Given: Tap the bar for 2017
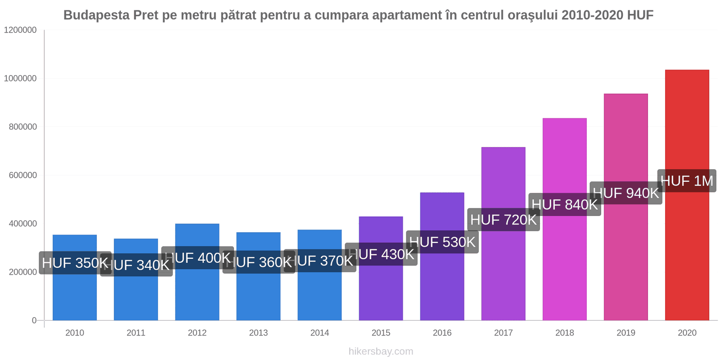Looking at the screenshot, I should (x=503, y=270).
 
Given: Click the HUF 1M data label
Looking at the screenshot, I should (x=687, y=181).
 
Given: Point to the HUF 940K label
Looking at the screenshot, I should (x=626, y=193).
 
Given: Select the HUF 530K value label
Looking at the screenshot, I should (x=442, y=242).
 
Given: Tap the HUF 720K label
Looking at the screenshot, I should (x=504, y=220).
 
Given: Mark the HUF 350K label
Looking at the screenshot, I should (x=75, y=263).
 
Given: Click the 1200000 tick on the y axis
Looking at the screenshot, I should (x=20, y=30).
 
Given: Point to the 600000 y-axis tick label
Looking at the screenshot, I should (x=23, y=175).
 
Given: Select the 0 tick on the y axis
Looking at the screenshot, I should (x=34, y=320).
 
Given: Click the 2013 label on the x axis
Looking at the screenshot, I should (x=258, y=333).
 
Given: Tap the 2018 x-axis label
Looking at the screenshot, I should (x=564, y=333).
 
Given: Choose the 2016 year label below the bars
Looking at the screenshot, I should (x=442, y=333).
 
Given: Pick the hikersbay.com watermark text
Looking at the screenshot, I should (x=381, y=351).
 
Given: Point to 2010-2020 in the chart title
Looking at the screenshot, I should (x=592, y=15).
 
